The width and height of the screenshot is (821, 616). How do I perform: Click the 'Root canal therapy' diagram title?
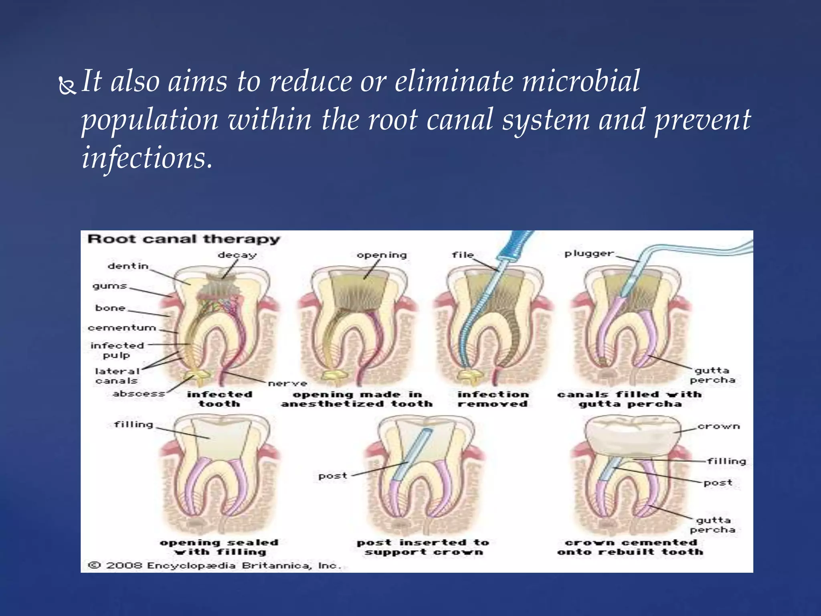tap(183, 239)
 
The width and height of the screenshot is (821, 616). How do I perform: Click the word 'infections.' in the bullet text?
tap(147, 158)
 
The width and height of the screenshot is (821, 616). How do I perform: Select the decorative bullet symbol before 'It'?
tap(67, 85)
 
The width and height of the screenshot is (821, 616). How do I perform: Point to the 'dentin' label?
tap(128, 266)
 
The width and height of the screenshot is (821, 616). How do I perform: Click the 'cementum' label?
tap(122, 328)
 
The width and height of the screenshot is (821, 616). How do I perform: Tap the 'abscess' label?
tap(139, 393)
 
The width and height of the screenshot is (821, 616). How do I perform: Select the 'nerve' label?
tap(287, 383)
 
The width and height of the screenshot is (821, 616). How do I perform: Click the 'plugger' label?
tap(589, 253)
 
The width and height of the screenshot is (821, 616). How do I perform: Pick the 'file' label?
tap(463, 255)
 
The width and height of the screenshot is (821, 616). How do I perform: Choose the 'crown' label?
tap(718, 426)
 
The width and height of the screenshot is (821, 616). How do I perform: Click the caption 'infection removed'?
tap(493, 399)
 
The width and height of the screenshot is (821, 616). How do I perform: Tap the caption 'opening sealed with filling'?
tap(219, 547)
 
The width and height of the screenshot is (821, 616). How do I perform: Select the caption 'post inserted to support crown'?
tap(423, 547)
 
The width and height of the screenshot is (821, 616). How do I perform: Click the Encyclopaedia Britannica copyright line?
tap(214, 565)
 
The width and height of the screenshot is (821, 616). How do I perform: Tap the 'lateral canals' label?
tap(117, 376)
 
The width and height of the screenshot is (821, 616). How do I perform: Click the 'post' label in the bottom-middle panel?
tap(332, 476)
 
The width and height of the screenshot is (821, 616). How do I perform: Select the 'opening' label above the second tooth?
tap(382, 255)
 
